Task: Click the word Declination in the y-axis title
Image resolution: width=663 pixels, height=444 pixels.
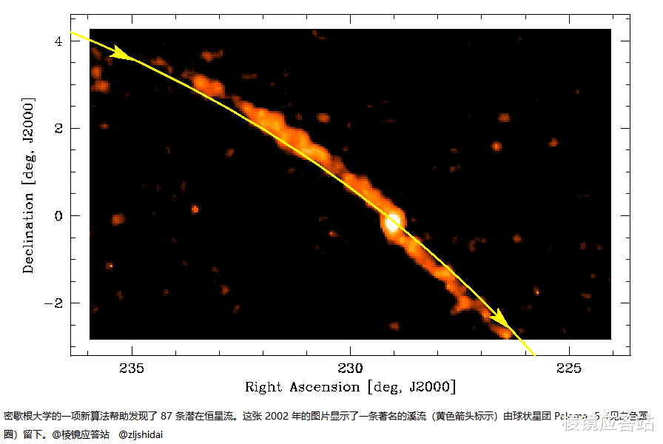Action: pyautogui.click(x=29, y=233)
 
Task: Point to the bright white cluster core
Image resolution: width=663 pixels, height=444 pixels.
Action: pyautogui.click(x=393, y=221)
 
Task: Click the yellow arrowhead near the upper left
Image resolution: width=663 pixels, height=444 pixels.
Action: pyautogui.click(x=123, y=53)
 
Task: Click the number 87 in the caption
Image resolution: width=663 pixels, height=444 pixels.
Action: pyautogui.click(x=167, y=417)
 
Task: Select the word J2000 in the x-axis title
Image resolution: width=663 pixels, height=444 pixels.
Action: pyautogui.click(x=430, y=387)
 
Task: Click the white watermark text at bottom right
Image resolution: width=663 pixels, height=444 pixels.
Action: pyautogui.click(x=608, y=424)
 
